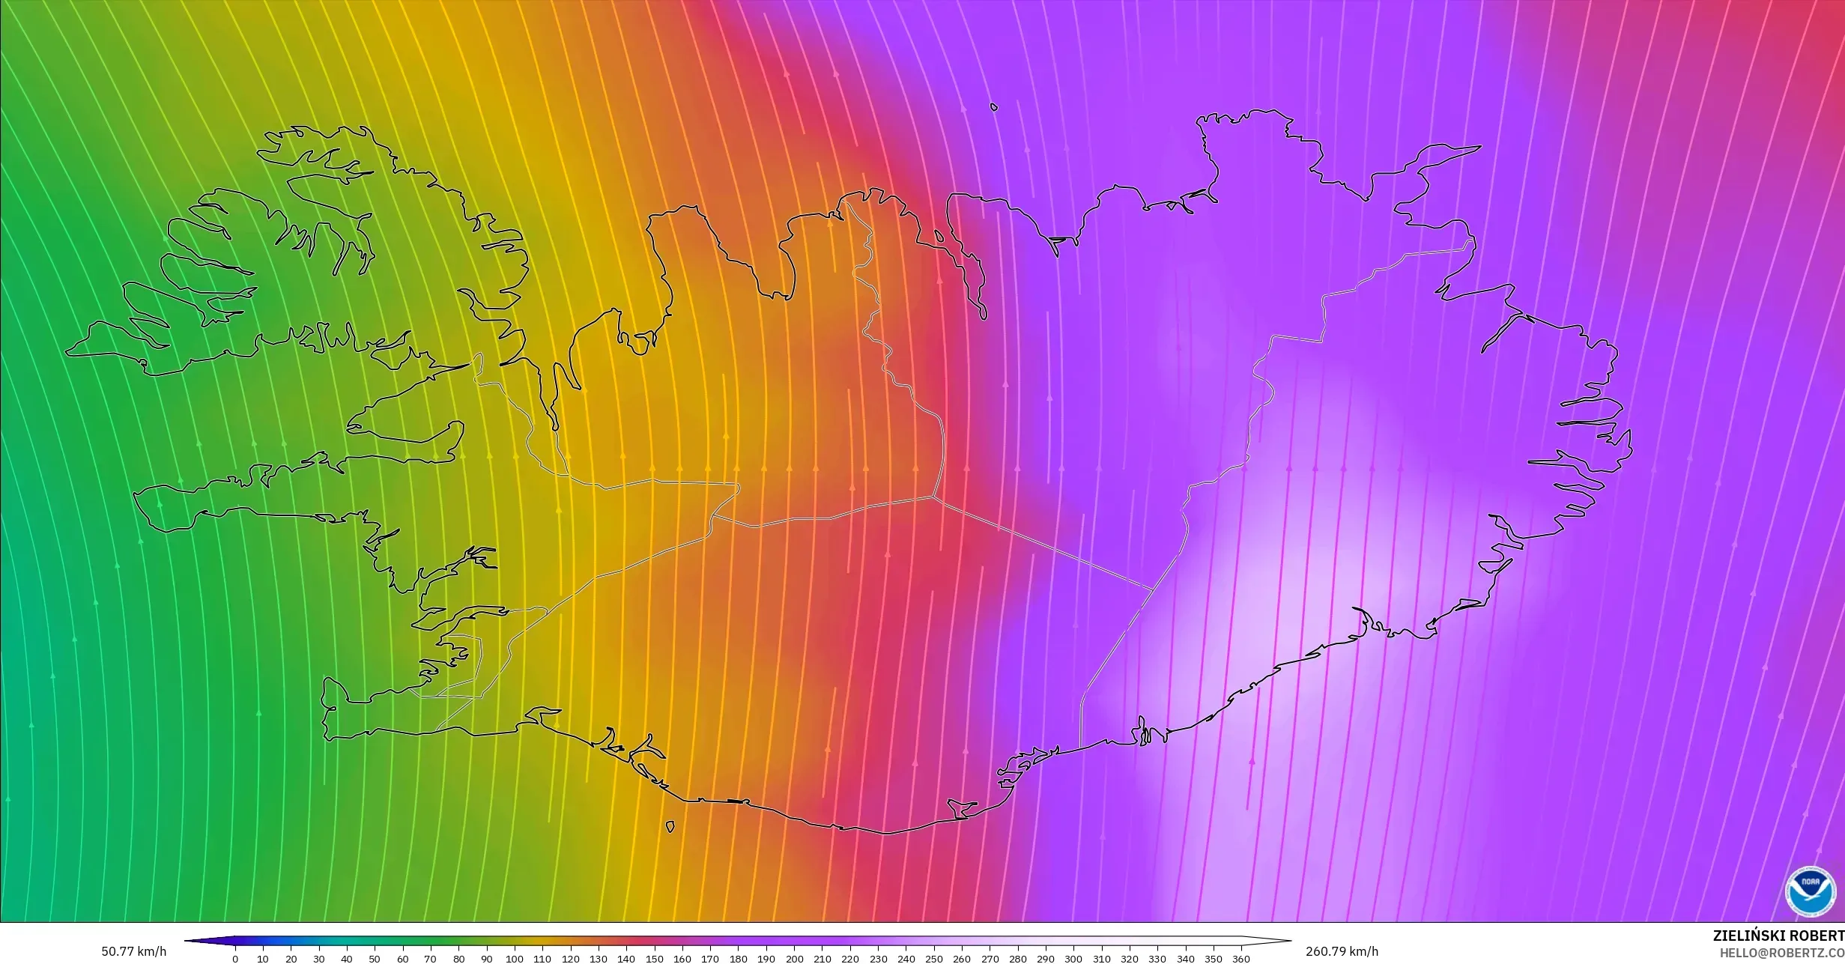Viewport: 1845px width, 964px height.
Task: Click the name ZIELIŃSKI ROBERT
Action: point(1778,936)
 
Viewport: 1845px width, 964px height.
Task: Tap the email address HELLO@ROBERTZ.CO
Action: point(1781,952)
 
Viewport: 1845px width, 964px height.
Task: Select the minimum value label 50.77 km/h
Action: point(134,951)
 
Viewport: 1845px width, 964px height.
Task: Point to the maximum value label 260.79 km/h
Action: point(1342,951)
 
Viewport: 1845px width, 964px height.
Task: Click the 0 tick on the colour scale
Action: point(235,959)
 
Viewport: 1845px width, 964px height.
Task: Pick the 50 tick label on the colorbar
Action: point(375,959)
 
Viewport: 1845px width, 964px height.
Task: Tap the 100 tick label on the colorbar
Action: point(514,959)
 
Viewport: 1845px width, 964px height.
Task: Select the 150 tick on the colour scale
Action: point(654,959)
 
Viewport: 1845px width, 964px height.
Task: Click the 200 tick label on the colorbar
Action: point(794,959)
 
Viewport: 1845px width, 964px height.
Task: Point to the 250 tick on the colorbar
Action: point(933,959)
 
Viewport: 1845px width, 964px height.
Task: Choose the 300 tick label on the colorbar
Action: point(1073,959)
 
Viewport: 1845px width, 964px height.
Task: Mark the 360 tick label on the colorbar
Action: point(1241,959)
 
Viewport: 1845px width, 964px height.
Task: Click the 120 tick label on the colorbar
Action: point(570,959)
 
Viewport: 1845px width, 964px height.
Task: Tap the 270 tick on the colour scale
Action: point(990,959)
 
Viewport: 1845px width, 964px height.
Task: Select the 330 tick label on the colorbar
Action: point(1157,959)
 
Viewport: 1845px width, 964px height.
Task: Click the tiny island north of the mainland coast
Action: point(994,107)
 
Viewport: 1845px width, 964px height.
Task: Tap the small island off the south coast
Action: point(670,827)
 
